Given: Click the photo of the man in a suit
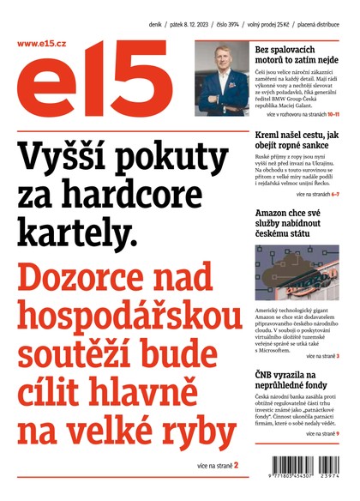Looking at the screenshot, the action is pyautogui.click(x=221, y=80).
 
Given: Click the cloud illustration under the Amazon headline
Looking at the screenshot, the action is pyautogui.click(x=297, y=273).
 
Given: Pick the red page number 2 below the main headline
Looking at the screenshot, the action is pyautogui.click(x=236, y=466).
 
